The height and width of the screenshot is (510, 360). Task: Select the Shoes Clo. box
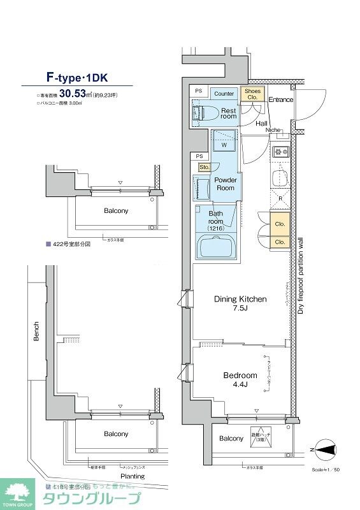tap(252, 94)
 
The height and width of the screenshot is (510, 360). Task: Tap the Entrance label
tap(280, 100)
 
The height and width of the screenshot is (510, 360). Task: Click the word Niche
tap(273, 130)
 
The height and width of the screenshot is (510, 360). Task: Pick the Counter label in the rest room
tap(224, 94)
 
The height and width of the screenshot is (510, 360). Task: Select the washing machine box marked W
tap(224, 141)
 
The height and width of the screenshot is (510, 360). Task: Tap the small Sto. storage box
tap(204, 167)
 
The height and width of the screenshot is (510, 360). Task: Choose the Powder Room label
tap(225, 184)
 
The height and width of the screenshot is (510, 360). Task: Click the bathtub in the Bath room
tap(217, 245)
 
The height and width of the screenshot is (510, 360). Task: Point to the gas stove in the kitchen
tap(280, 152)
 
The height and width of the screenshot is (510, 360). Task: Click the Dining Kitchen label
tap(240, 303)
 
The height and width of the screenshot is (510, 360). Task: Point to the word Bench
tap(36, 331)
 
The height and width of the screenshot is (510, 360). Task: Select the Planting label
tap(133, 476)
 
